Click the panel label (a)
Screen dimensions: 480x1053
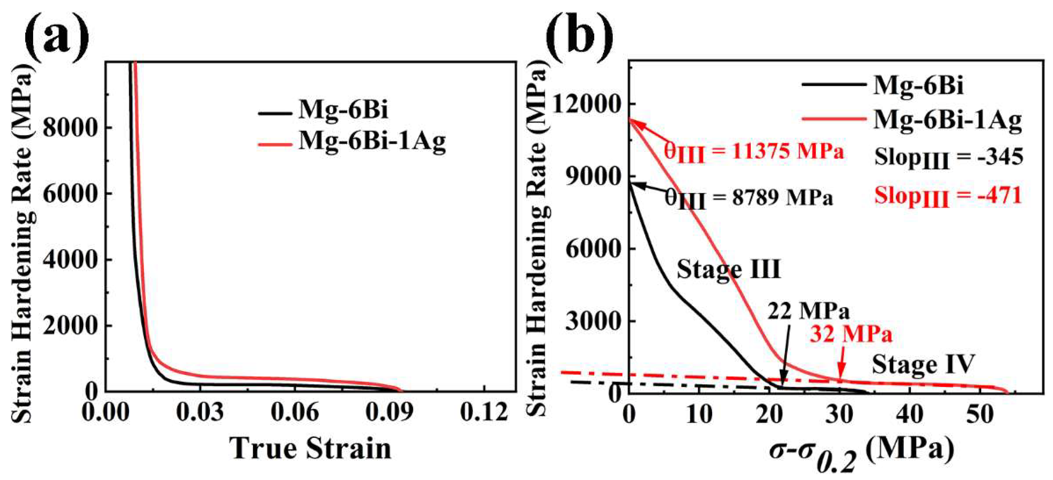click(57, 36)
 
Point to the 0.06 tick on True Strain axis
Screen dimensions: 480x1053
click(294, 413)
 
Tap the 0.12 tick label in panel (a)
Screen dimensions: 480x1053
click(484, 413)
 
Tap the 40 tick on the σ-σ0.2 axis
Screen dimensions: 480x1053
click(910, 415)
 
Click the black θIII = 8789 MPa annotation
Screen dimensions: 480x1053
click(748, 199)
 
